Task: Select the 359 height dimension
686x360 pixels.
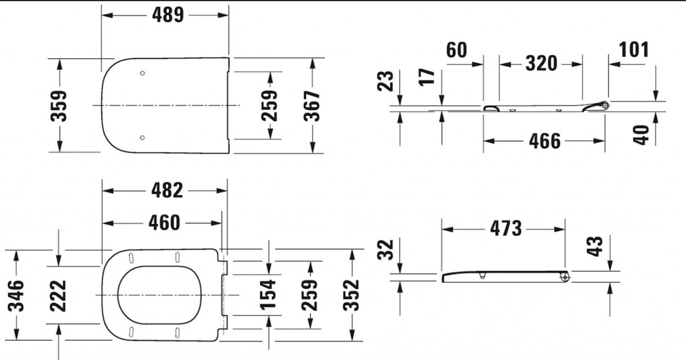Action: point(59,106)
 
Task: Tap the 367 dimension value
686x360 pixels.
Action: point(312,105)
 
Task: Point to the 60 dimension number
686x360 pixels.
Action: point(456,50)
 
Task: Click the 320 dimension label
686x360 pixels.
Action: point(541,64)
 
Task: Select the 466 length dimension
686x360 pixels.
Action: point(545,141)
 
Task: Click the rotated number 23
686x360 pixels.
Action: point(387,82)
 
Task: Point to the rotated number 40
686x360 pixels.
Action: point(641,134)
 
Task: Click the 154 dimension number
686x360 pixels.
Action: point(268,294)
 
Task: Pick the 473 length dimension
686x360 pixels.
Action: point(506,228)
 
